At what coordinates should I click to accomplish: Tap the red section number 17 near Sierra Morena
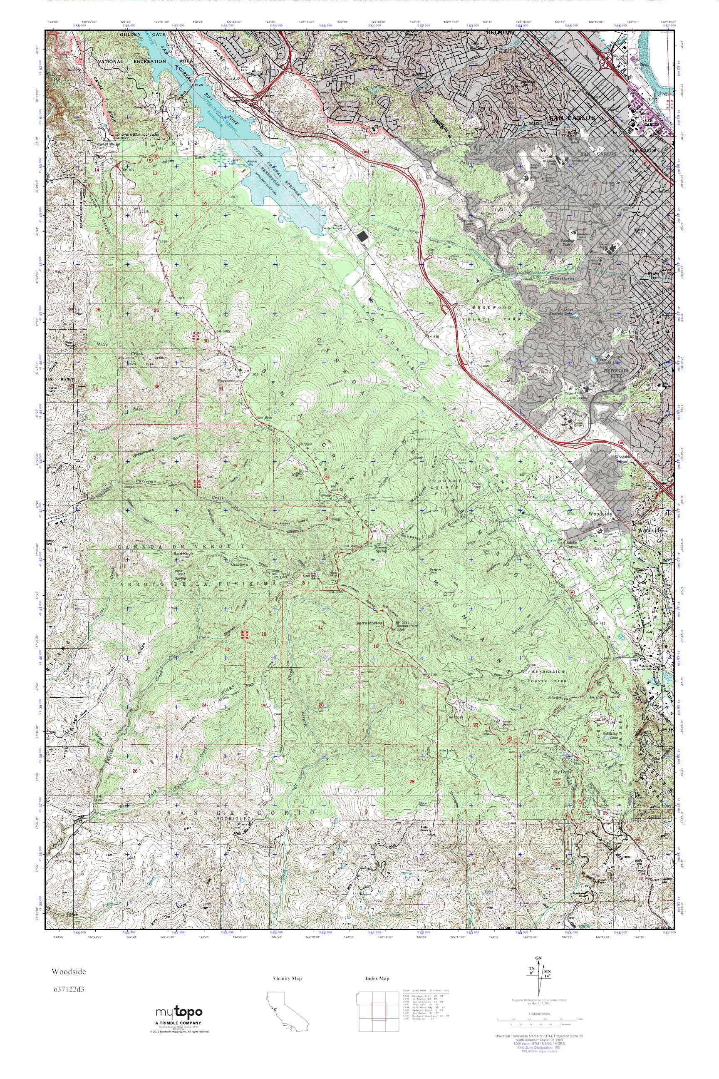320,627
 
